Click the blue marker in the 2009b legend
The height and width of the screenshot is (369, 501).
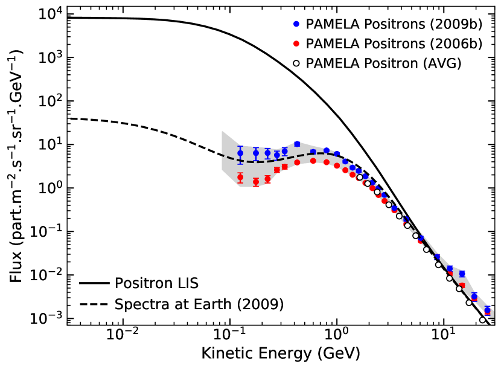tap(295, 25)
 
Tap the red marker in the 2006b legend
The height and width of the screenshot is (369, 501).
tap(295, 44)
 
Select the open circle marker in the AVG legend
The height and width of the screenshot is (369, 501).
tap(295, 63)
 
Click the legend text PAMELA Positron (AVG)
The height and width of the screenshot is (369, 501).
tap(384, 63)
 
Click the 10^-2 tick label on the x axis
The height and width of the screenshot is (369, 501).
tap(123, 336)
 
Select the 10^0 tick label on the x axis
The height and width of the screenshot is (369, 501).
tap(337, 336)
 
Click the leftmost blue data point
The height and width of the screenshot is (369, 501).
tap(240, 153)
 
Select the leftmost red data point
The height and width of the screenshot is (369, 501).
tap(240, 178)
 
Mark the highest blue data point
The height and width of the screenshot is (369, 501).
tap(297, 144)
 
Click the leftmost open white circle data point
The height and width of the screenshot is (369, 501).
tap(360, 178)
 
